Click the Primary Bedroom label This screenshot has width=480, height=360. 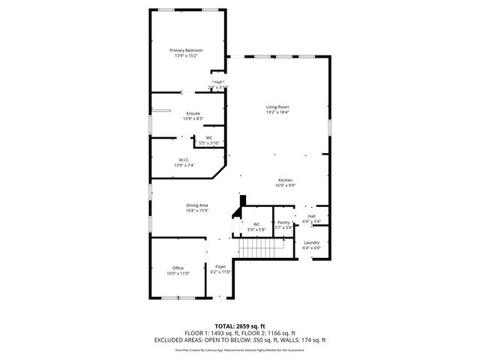coord(188,50)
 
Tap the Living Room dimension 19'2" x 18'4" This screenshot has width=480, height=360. coord(277,112)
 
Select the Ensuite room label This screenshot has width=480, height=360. coord(193,113)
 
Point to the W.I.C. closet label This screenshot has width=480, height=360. coord(183,159)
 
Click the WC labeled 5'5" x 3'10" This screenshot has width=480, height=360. coord(209,138)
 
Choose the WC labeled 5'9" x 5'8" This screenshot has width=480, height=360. coord(256,224)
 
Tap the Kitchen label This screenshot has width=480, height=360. coord(285,180)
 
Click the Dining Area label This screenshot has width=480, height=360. coord(197,205)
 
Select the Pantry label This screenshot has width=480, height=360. coord(283,222)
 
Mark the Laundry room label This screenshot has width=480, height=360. coord(311,242)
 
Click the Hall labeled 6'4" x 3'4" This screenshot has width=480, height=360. coord(311,217)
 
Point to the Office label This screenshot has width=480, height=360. coord(178,268)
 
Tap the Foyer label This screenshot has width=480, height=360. coord(220,266)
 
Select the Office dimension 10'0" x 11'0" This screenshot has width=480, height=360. coord(178,273)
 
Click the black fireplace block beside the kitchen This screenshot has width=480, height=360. coord(242,202)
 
